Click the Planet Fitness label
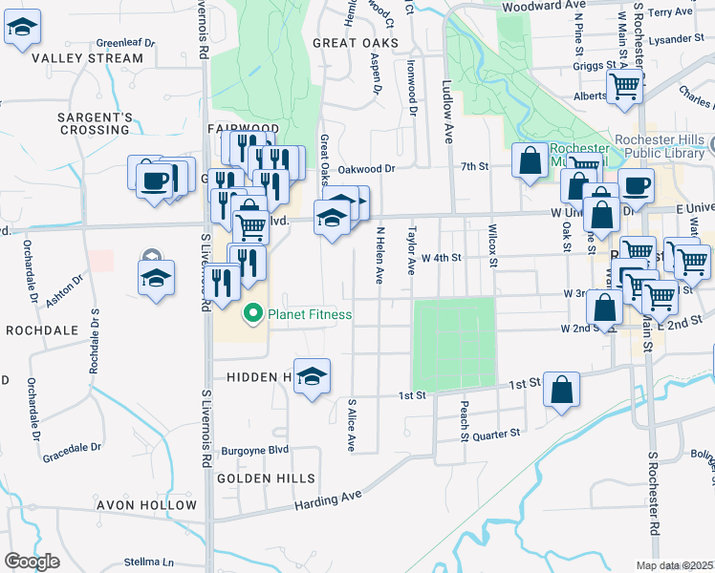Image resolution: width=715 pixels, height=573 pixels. tap(311, 314)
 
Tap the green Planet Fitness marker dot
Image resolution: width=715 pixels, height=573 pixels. tap(253, 312)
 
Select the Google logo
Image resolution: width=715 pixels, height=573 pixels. tap(32, 562)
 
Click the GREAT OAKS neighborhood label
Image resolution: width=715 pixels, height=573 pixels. tap(357, 43)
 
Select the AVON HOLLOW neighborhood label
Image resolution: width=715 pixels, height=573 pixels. tap(146, 505)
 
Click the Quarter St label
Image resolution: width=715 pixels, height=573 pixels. tap(496, 433)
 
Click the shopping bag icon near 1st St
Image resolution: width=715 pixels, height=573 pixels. tap(562, 390)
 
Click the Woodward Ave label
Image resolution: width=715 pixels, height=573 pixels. tap(543, 5)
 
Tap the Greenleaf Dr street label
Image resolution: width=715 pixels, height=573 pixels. tap(125, 43)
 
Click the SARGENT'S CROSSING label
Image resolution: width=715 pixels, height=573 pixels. tap(94, 123)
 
